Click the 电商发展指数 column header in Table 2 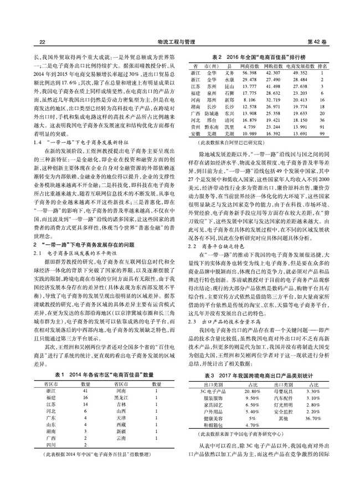[300, 65]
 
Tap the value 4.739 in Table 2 [249, 127]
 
